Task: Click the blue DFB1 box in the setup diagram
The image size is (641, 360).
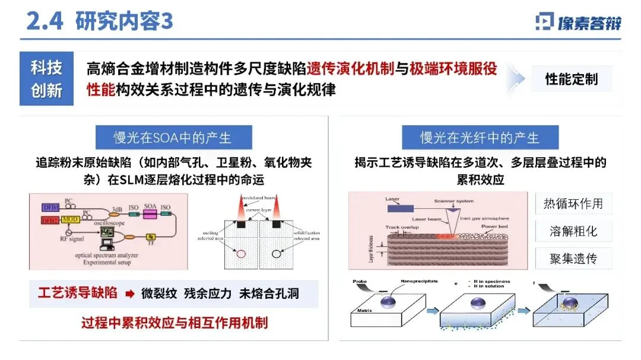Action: pos(50,207)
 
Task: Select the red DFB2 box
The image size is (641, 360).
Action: pos(50,221)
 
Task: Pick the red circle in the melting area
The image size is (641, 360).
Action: pos(242,254)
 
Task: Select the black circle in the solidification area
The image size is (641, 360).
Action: pos(275,254)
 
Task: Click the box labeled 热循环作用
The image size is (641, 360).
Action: pos(573,204)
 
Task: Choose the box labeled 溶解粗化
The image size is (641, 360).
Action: pos(573,231)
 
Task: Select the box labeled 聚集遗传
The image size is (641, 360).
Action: pos(573,258)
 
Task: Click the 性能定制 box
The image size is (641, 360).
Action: pos(571,79)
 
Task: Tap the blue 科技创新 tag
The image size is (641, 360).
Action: pos(46,79)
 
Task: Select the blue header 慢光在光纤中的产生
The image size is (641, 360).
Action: pos(480,138)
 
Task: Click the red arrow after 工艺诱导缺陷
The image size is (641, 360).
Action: pos(130,294)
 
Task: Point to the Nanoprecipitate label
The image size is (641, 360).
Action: pos(418,281)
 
